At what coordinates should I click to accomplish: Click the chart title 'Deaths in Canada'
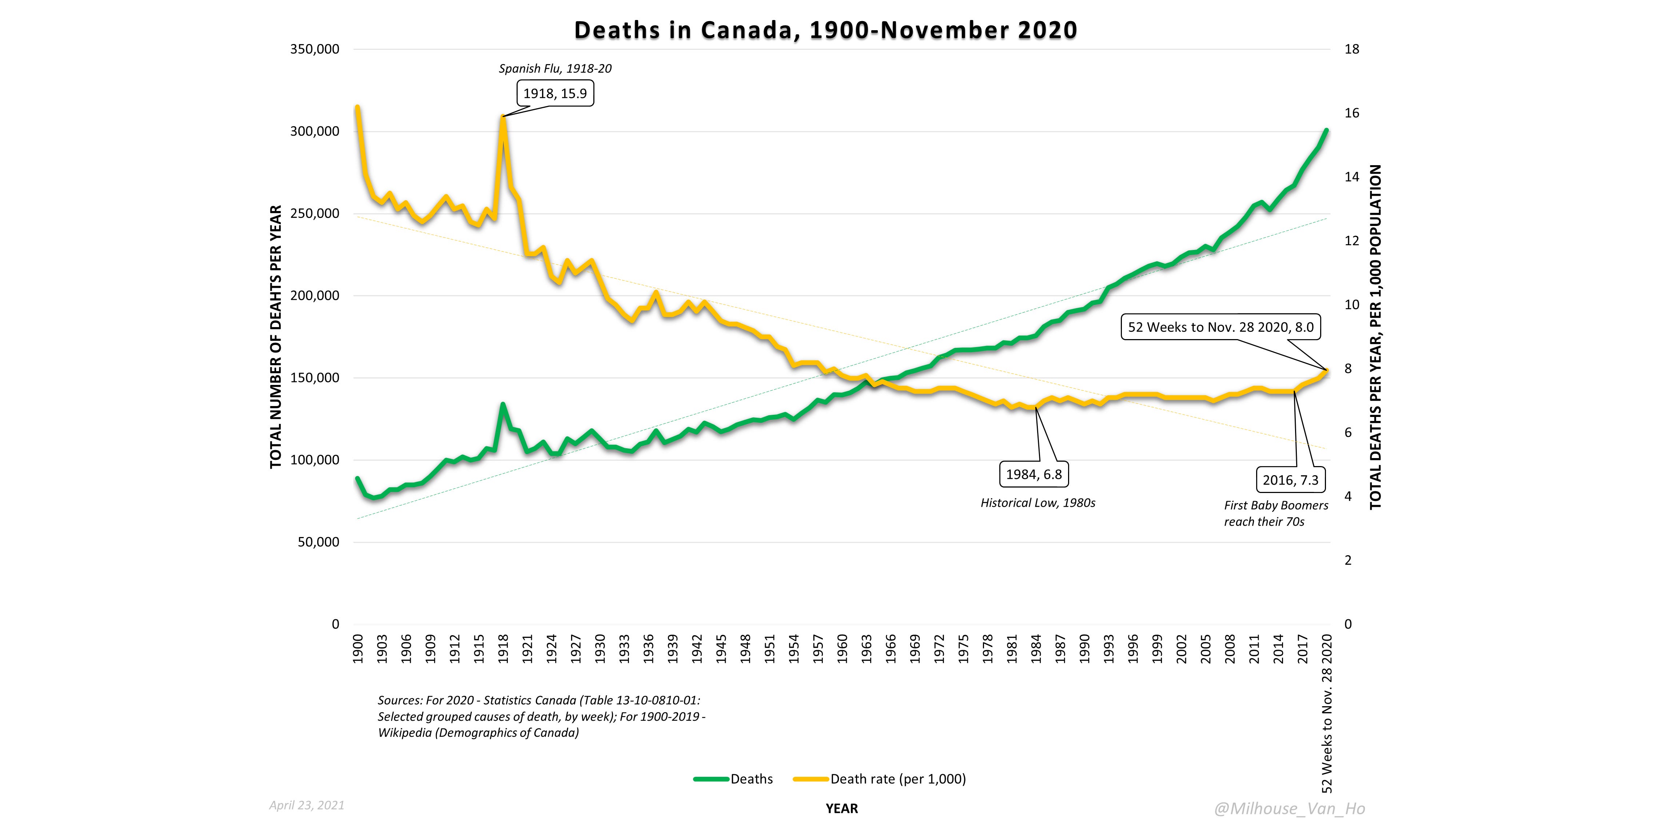tap(825, 30)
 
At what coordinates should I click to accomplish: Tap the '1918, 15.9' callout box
tap(555, 94)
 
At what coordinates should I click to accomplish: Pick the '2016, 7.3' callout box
tap(1290, 480)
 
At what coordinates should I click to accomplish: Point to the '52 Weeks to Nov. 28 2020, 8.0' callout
tap(1220, 327)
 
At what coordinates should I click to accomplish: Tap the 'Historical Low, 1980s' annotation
tap(1037, 503)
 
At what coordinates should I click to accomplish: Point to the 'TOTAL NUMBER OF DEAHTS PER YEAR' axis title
tap(276, 337)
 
